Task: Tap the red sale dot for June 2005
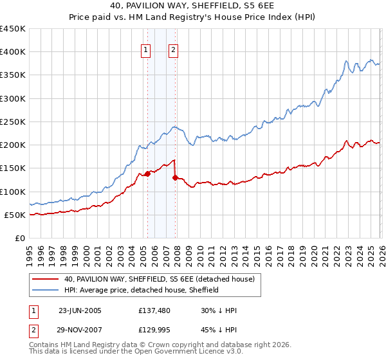(147, 174)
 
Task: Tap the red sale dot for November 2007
(175, 177)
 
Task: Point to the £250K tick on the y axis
(13, 122)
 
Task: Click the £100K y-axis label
(13, 192)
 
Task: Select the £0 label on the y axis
(19, 238)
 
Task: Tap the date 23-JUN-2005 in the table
(80, 310)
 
